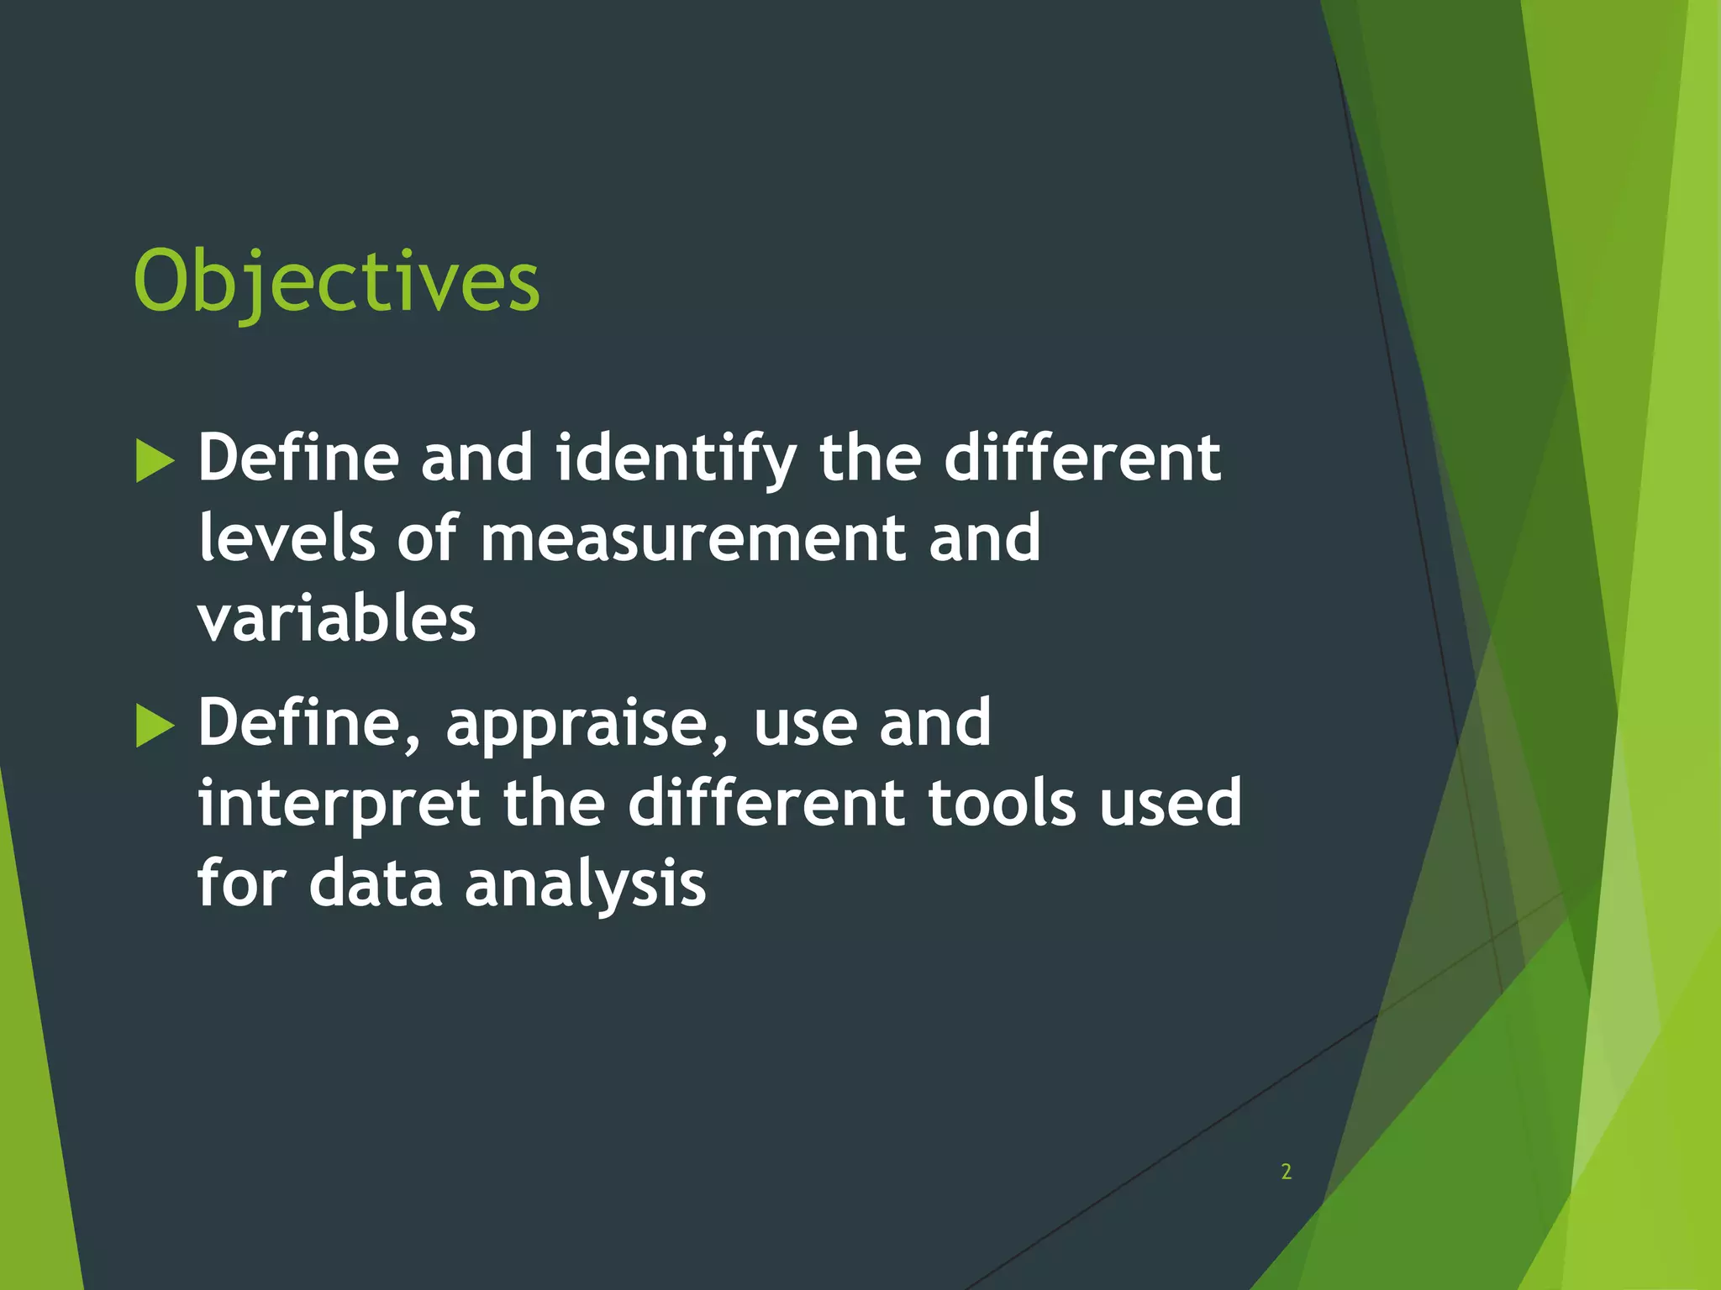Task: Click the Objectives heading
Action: [x=336, y=281]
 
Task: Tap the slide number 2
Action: [x=1286, y=1172]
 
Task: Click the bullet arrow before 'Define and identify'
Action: [x=155, y=460]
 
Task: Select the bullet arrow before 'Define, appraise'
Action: [x=155, y=725]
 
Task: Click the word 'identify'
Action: [x=676, y=460]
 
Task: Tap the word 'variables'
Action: [x=336, y=619]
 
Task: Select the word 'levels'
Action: [x=286, y=539]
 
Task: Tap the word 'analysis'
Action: [x=585, y=884]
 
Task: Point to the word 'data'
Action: [x=375, y=884]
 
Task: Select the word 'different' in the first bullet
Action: [x=1082, y=459]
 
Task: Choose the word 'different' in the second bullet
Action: [x=766, y=803]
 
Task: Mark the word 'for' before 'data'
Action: [x=242, y=884]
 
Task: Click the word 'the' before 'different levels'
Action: [x=870, y=459]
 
